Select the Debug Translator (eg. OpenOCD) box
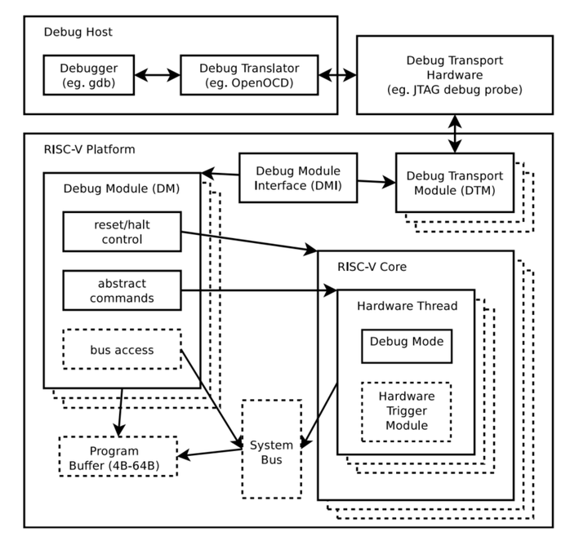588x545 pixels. [x=249, y=74]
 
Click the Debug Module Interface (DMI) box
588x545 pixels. [x=298, y=178]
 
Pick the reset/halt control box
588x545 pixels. [x=122, y=232]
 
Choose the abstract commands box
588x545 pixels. [x=122, y=290]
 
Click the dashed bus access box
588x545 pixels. [x=122, y=351]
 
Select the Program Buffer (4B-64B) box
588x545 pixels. [x=118, y=458]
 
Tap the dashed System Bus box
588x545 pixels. [x=271, y=449]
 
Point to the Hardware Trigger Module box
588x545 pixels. [x=406, y=411]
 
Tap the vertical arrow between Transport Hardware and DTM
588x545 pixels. [x=454, y=133]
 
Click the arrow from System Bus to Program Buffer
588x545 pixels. [x=209, y=451]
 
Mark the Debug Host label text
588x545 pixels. [x=78, y=33]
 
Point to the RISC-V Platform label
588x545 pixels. [x=90, y=149]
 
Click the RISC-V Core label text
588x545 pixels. [x=372, y=267]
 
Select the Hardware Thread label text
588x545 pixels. [x=407, y=306]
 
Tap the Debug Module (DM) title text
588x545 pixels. [x=121, y=189]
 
